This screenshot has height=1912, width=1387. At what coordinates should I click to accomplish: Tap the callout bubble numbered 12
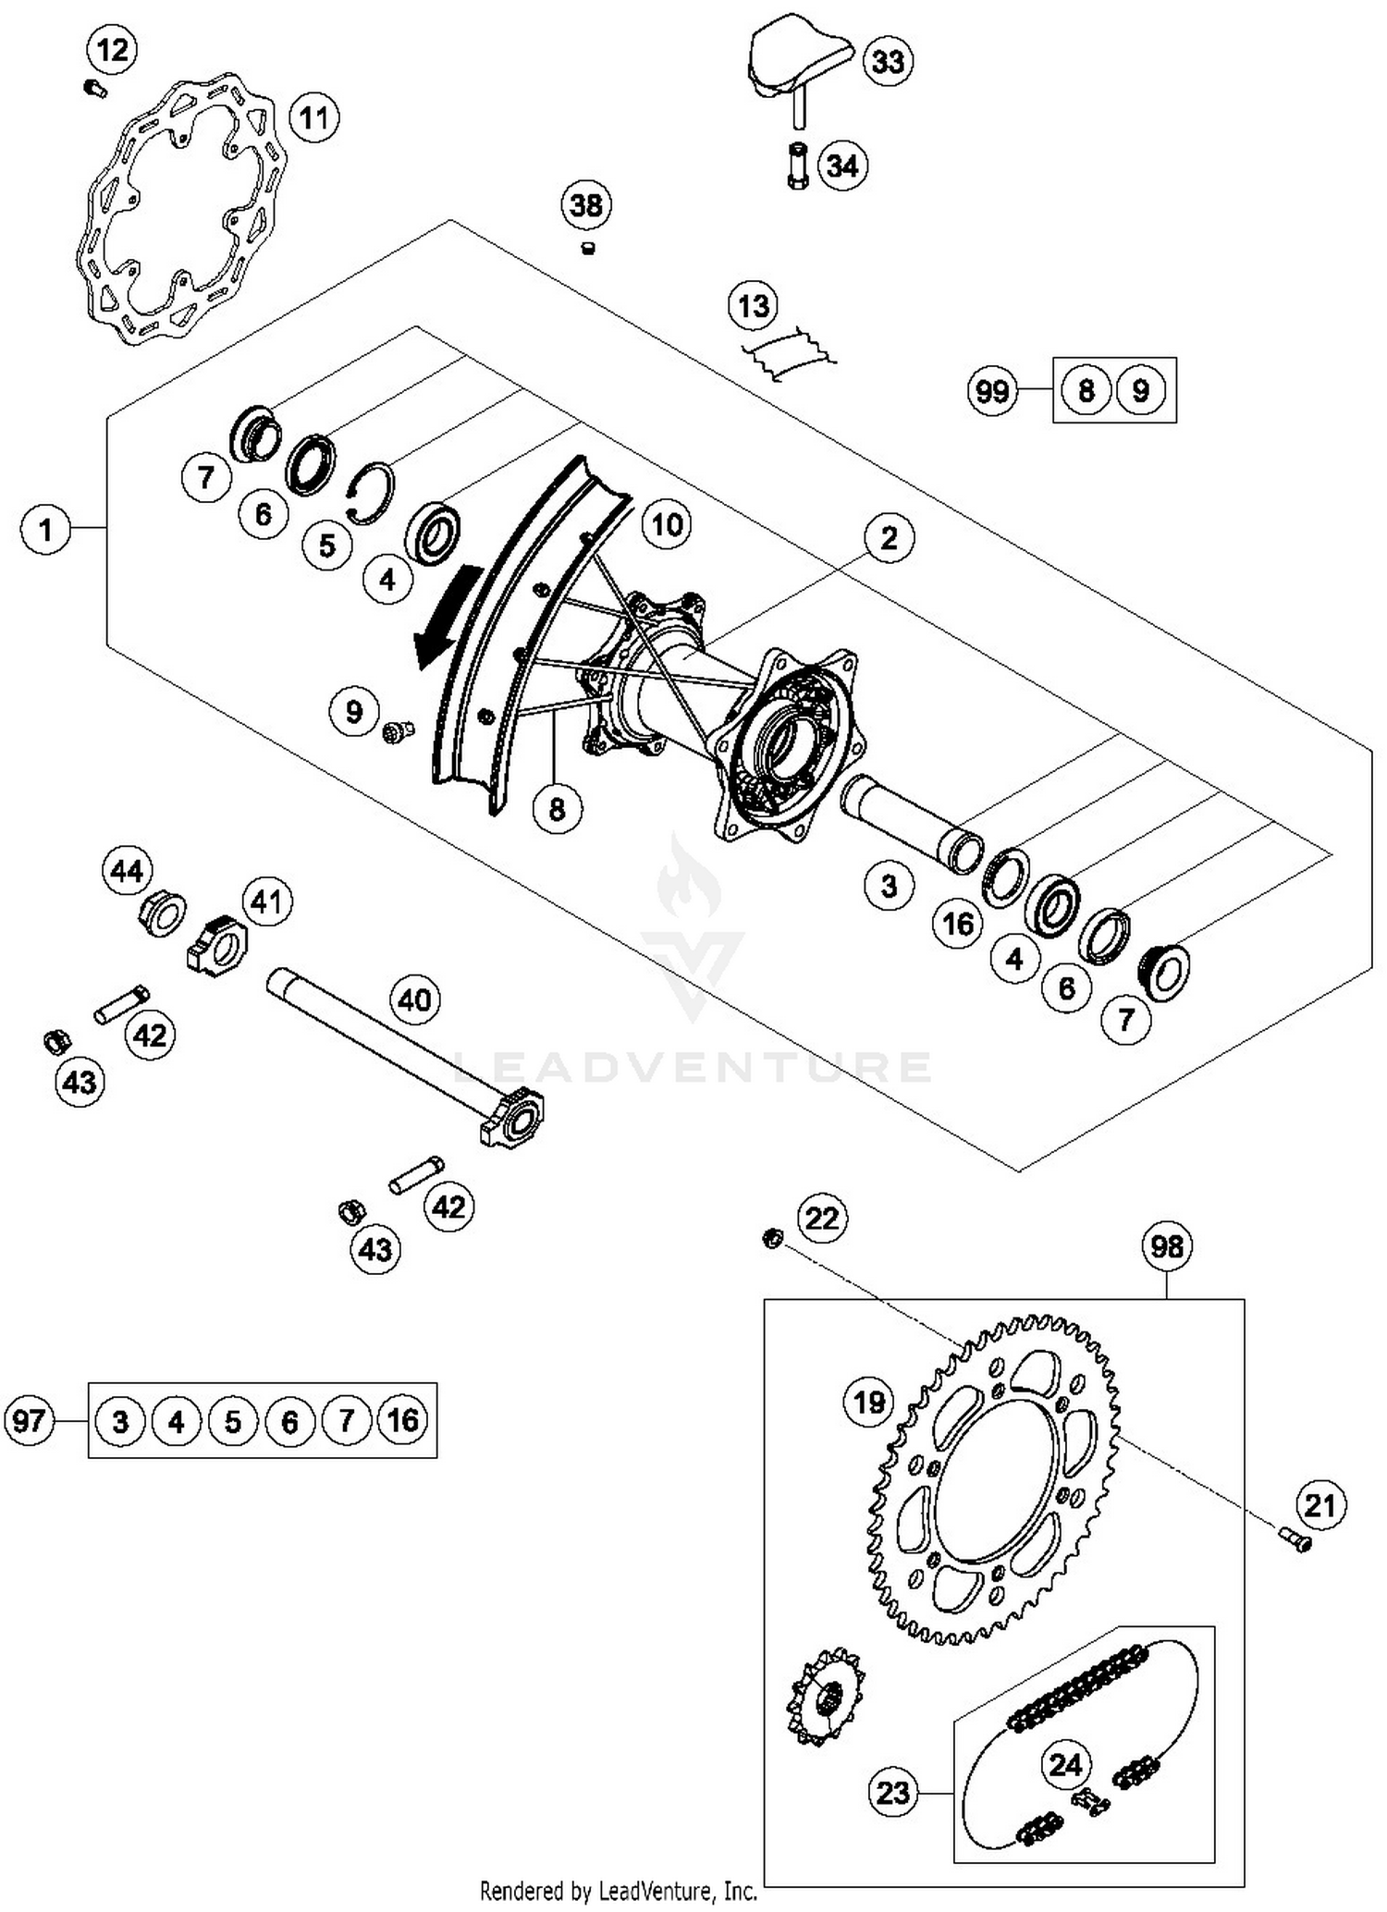coord(112,49)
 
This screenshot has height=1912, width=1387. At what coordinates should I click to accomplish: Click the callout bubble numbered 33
coord(888,62)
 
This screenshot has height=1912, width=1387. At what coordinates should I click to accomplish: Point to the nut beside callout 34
coord(798,166)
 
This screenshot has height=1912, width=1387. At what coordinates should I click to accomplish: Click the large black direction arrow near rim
coord(448,615)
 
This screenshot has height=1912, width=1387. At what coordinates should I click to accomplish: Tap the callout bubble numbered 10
coord(667,525)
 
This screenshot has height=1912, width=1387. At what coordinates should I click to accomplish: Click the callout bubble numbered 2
coord(889,538)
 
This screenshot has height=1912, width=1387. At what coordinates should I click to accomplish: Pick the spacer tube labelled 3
coord(911,823)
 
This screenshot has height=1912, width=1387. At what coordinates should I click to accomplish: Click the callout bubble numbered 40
coord(414,999)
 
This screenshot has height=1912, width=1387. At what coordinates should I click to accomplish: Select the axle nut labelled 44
coord(162,914)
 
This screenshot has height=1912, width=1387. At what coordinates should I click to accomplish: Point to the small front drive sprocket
coord(825,1696)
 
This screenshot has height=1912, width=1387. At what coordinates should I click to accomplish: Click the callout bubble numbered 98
coord(1166,1246)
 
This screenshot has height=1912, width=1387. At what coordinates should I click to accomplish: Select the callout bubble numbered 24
coord(1065,1765)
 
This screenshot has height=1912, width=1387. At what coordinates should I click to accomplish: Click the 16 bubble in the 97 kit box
coord(402,1420)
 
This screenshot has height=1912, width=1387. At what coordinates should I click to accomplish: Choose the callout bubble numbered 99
coord(992,390)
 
